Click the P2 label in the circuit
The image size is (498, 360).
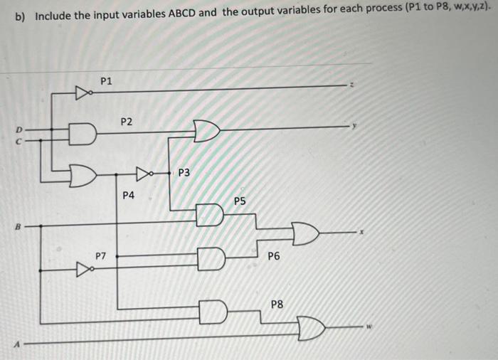coord(126,122)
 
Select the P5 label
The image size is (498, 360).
coord(240,201)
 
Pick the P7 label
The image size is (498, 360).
coord(102,255)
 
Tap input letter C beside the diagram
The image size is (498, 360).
coord(22,140)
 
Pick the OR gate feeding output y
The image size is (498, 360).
coord(206,131)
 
